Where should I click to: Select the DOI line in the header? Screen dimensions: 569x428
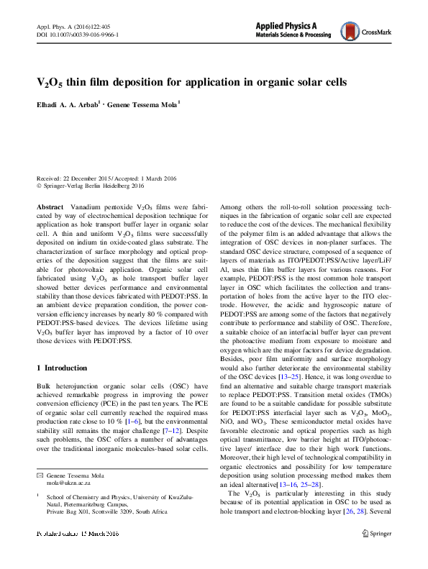point(77,34)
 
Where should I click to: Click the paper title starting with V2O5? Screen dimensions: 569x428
point(191,83)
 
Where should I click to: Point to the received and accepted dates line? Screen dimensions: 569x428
point(106,178)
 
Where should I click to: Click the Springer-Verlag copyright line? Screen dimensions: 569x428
point(91,186)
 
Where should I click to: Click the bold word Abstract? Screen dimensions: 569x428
point(50,206)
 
